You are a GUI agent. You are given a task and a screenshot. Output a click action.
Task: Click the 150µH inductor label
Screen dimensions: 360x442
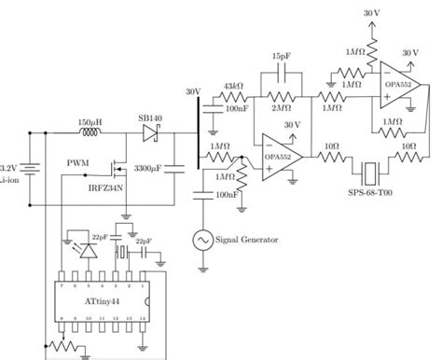coord(91,122)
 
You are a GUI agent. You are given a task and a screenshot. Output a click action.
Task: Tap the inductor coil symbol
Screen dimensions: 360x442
coord(91,134)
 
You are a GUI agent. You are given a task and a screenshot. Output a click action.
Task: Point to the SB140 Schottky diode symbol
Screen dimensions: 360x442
coord(151,134)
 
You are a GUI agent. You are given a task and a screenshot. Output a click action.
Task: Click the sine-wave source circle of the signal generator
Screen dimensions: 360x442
coord(201,241)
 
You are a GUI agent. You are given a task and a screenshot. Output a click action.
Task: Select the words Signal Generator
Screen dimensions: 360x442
coord(246,241)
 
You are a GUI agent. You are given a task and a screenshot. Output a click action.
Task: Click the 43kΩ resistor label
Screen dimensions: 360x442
coord(233,86)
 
